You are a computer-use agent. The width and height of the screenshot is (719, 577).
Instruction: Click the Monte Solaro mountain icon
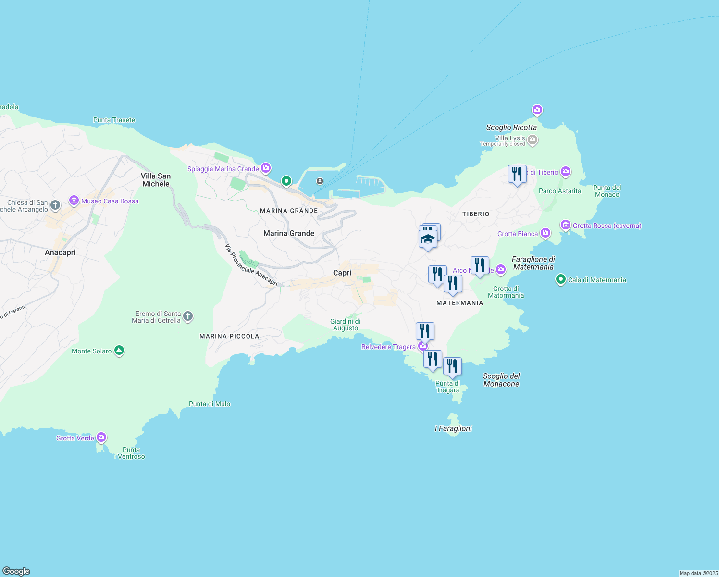119,351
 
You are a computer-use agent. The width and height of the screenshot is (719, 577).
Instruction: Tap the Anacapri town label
60,252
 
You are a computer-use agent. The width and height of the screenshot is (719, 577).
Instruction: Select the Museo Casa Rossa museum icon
74,201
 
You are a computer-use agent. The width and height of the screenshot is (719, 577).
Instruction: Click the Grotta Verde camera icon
101,438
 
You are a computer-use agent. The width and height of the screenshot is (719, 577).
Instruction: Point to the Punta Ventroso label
131,453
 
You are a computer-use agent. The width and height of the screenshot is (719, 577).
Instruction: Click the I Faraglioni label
453,428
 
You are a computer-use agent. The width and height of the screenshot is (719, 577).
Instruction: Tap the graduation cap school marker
428,238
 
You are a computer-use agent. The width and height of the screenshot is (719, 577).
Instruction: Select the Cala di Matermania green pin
560,279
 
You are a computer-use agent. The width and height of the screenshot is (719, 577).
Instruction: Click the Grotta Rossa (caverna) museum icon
566,225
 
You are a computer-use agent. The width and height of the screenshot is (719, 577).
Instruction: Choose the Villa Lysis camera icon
533,140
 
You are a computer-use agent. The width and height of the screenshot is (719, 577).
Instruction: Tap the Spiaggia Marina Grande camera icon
266,168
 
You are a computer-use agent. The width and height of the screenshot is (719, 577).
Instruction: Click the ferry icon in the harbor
320,181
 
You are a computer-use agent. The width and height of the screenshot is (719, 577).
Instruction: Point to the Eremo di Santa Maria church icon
188,316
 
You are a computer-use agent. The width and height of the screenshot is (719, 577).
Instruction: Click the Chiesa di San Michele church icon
55,206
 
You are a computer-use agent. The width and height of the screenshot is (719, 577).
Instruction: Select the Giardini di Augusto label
345,325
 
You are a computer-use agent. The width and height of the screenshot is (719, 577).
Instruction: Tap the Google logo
16,571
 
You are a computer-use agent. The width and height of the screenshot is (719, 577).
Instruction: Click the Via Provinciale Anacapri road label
251,265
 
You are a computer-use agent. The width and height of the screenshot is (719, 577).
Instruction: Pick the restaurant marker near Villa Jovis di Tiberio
517,174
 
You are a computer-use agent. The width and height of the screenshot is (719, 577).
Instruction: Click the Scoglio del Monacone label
501,380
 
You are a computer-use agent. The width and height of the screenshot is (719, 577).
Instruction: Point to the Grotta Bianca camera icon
545,234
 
